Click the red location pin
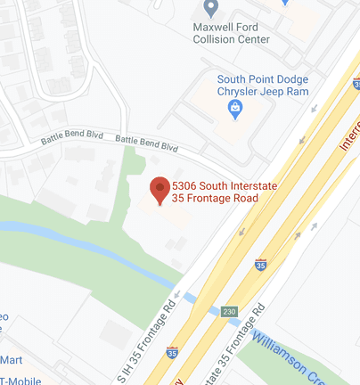[160, 190]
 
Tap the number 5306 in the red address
[184, 184]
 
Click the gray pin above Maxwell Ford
[211, 9]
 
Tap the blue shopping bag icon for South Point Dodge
[235, 109]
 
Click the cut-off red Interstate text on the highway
[351, 134]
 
